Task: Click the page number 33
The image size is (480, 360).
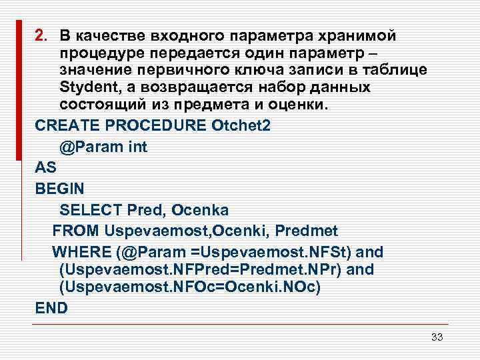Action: click(x=437, y=337)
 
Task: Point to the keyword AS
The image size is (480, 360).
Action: click(x=45, y=167)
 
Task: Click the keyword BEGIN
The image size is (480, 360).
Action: click(x=57, y=189)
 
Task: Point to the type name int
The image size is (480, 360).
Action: click(x=136, y=147)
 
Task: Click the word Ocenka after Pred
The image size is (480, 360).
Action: click(x=200, y=210)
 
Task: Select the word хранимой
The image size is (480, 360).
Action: click(x=347, y=35)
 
